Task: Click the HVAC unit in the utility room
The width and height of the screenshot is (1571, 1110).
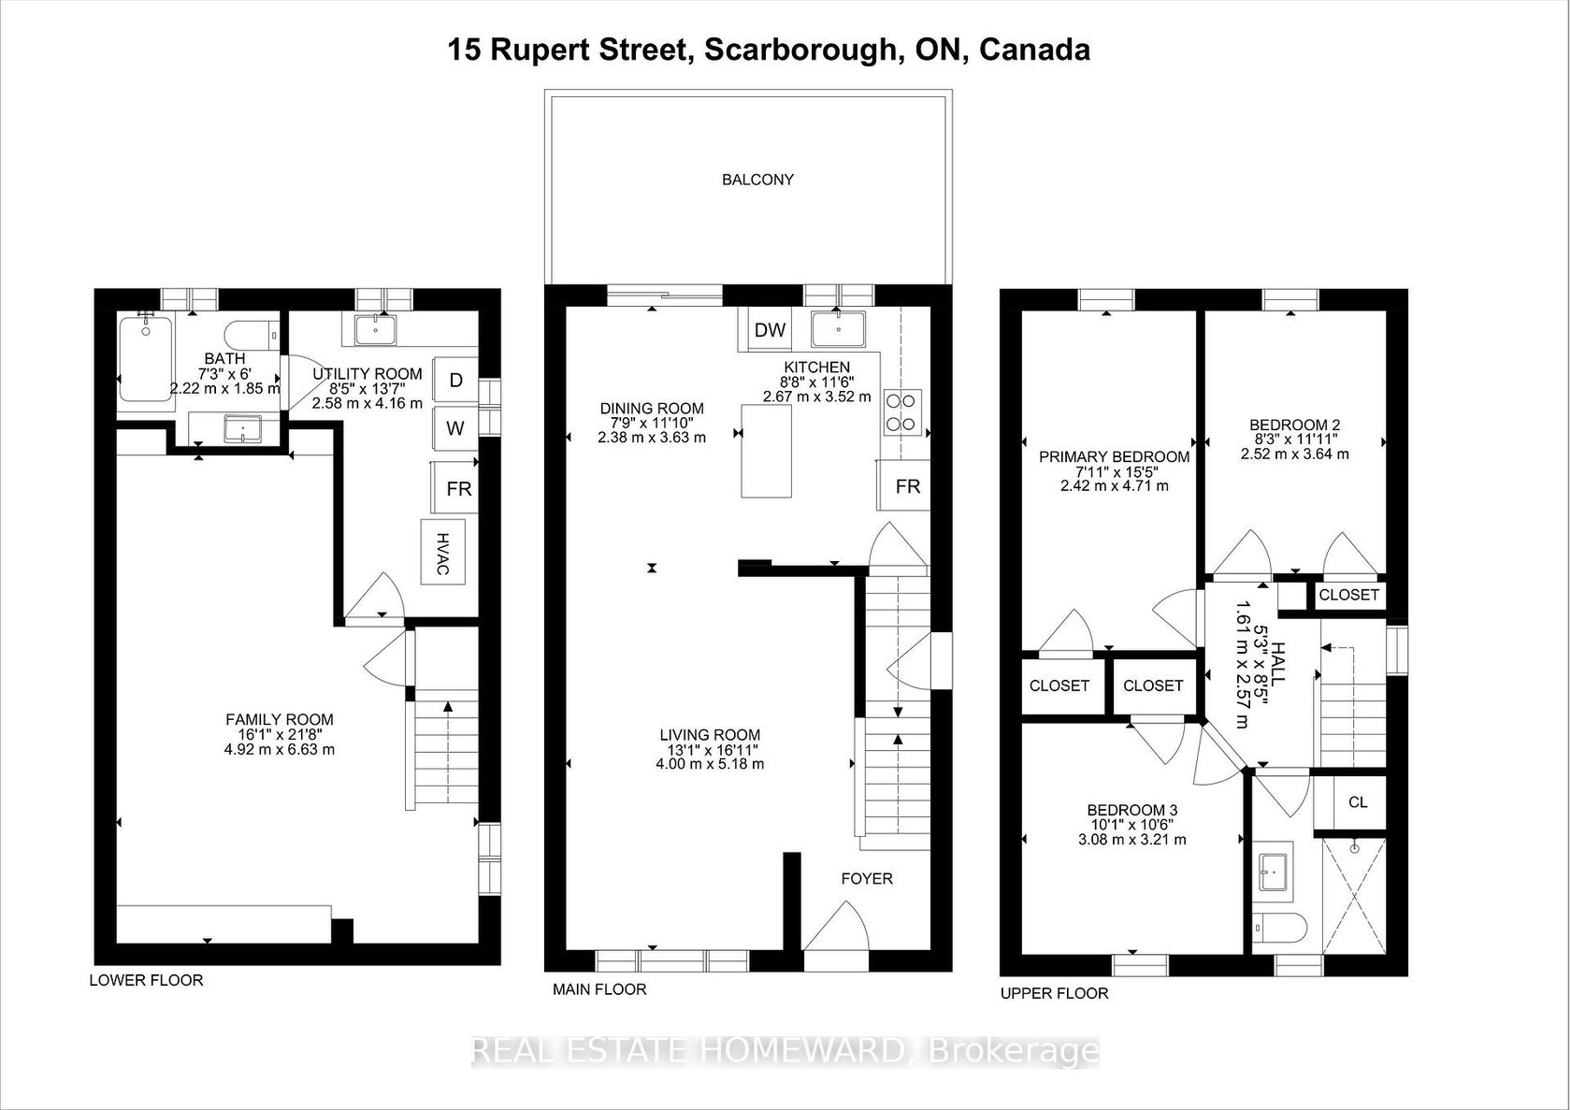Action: click(x=442, y=552)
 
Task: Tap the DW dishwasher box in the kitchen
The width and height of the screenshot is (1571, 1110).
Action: click(x=770, y=329)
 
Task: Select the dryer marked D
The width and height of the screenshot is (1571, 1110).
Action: click(x=455, y=380)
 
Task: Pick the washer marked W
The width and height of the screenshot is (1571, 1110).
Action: click(x=455, y=427)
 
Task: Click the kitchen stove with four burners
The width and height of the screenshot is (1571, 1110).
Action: click(x=901, y=412)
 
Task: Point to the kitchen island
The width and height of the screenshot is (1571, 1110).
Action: click(x=766, y=451)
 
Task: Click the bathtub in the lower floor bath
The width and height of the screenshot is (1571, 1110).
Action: click(x=146, y=360)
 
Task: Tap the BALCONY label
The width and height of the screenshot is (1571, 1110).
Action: click(x=757, y=180)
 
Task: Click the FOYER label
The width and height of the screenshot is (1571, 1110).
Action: click(x=867, y=879)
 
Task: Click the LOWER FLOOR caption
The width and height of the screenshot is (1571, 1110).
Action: click(x=146, y=980)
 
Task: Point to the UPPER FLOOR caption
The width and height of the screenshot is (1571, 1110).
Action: click(x=1054, y=994)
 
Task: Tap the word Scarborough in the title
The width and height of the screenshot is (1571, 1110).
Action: click(x=800, y=50)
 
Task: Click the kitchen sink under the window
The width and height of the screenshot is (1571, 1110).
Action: click(x=838, y=329)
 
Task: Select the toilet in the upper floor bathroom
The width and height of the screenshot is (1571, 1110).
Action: click(x=1280, y=930)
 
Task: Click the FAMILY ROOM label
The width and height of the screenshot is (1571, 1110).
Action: click(x=279, y=719)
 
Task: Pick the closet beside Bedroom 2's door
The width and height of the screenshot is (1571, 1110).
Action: click(x=1349, y=596)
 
